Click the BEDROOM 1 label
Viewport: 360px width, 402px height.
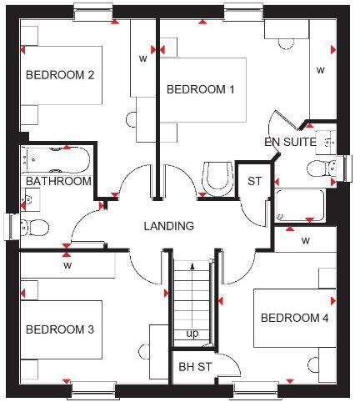click(200, 90)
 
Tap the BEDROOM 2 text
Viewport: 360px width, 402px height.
click(59, 75)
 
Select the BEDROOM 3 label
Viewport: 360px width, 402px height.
click(59, 329)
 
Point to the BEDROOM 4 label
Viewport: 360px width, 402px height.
click(294, 318)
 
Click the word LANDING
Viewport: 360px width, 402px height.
click(168, 226)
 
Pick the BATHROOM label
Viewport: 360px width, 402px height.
click(57, 181)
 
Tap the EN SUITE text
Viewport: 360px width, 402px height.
click(290, 142)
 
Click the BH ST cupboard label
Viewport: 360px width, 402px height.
click(197, 366)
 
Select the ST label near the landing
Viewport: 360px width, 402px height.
click(254, 181)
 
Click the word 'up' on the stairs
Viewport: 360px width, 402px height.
click(192, 334)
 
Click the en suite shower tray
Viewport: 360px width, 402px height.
click(300, 204)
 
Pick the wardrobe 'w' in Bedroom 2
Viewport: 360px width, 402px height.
click(142, 58)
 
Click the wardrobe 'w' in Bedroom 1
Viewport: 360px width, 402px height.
click(320, 71)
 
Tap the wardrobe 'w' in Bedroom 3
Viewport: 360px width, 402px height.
click(67, 266)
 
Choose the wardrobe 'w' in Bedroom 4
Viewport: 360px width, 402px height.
click(305, 241)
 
